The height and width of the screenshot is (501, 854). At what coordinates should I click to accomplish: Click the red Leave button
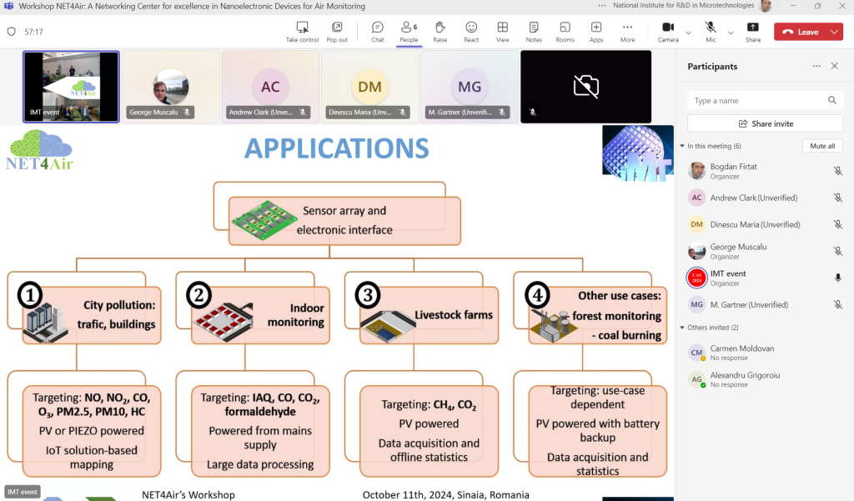[800, 32]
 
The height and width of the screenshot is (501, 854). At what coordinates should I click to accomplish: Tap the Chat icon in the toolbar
[378, 31]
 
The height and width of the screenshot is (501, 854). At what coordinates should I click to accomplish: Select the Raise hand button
[440, 31]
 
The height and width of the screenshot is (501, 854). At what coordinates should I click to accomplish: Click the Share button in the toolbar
[753, 31]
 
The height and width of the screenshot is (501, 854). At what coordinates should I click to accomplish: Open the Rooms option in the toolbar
[565, 31]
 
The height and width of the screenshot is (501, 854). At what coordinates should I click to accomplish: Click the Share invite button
[765, 123]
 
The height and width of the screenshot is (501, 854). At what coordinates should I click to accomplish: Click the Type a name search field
[758, 100]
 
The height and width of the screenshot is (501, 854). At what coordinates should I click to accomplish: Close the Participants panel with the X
[834, 66]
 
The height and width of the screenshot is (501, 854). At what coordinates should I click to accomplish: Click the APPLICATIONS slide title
[336, 148]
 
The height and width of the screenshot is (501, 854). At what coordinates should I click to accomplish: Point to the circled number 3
[367, 295]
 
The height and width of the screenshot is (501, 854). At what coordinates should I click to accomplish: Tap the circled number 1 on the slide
[31, 295]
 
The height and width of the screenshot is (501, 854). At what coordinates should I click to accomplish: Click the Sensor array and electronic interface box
[344, 220]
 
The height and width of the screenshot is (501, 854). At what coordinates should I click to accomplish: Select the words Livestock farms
[454, 315]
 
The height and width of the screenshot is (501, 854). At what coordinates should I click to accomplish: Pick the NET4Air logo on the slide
[38, 149]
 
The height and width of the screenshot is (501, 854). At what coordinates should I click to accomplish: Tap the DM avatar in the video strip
[369, 87]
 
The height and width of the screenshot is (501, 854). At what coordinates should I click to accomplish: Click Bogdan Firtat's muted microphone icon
[837, 171]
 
